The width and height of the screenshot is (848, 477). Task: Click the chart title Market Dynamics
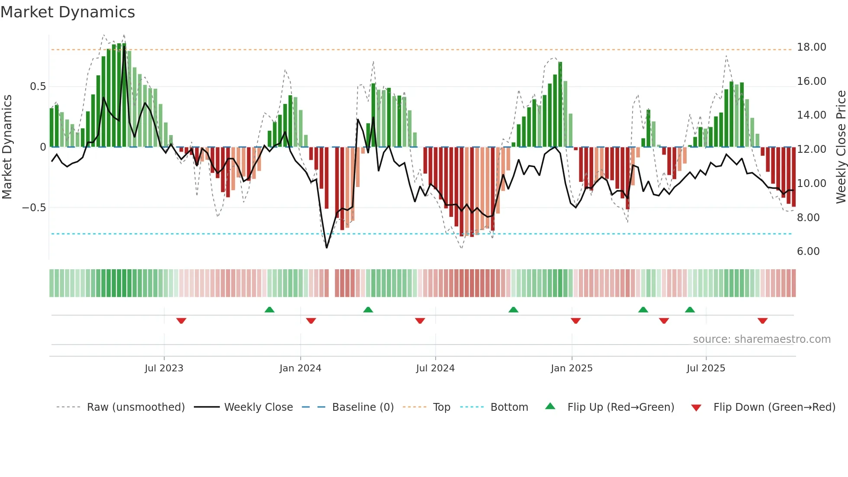[x=67, y=12]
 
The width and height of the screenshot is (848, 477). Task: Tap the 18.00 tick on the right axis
[x=811, y=47]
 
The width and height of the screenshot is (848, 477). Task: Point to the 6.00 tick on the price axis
[x=808, y=251]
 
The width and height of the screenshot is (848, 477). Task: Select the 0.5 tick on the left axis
[x=38, y=87]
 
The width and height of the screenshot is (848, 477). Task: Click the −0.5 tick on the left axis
[x=34, y=208]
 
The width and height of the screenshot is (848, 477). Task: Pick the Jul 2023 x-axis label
[x=164, y=368]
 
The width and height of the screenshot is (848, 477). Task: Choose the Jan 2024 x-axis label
[x=300, y=368]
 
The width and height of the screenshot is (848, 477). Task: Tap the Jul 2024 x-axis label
[x=435, y=368]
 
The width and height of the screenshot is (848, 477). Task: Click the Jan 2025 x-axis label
[x=572, y=368]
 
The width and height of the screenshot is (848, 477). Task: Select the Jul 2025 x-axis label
[x=706, y=368]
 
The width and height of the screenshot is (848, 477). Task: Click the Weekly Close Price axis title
[x=841, y=147]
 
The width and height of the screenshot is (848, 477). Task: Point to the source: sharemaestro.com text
[x=761, y=339]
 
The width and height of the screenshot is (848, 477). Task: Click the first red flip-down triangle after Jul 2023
[x=181, y=321]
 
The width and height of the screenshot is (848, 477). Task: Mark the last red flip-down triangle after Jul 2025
[x=762, y=321]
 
